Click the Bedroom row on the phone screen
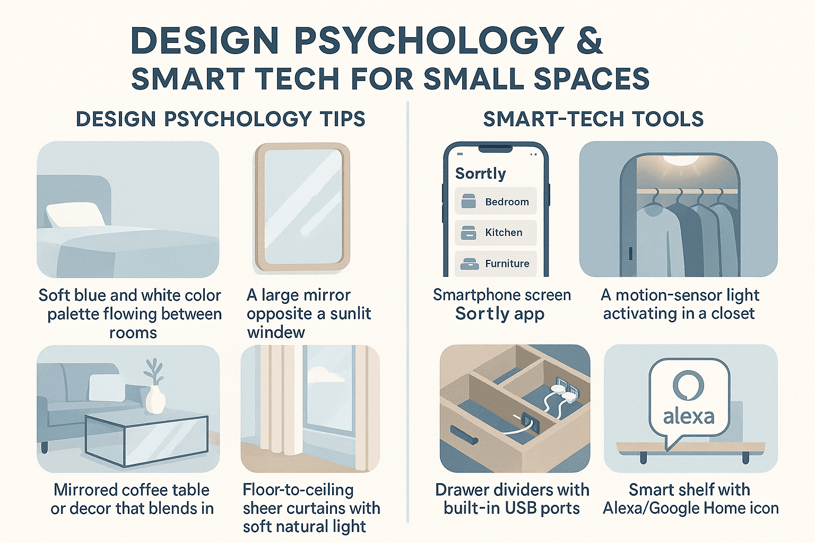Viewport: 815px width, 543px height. (x=496, y=201)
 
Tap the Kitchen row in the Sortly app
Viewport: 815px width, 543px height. (x=496, y=232)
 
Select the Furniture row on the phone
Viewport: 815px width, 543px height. (x=496, y=264)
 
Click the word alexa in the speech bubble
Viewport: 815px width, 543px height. (x=688, y=417)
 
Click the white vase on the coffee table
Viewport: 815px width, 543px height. (x=155, y=399)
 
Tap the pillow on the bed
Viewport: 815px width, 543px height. (x=76, y=215)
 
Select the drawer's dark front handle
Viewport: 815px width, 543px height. (x=464, y=435)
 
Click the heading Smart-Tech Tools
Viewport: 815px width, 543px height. (x=593, y=119)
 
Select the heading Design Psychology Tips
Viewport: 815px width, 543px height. (x=221, y=119)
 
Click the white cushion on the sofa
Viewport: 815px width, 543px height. (x=107, y=388)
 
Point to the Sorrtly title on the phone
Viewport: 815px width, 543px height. (x=481, y=173)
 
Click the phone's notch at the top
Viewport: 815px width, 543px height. (x=495, y=149)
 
